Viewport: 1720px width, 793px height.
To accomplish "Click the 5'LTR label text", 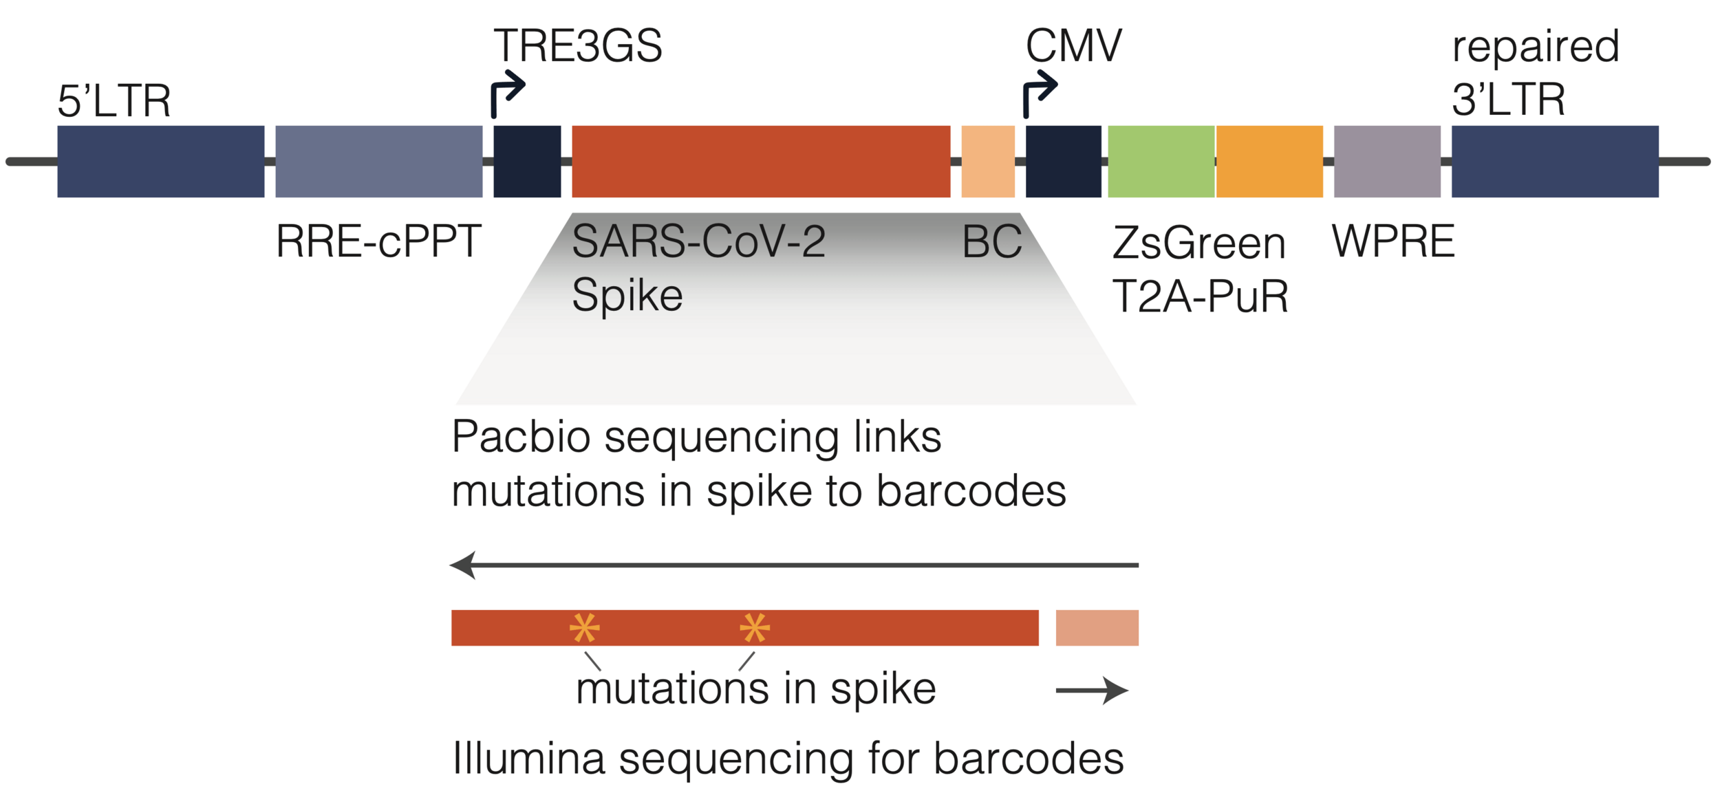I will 114,102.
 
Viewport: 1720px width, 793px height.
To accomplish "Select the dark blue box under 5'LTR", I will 160,162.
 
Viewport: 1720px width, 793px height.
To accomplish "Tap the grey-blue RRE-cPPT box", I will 378,162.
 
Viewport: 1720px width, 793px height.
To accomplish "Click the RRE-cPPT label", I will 378,242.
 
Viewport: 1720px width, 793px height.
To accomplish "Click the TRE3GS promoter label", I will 578,46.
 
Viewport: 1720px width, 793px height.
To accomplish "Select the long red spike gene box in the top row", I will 760,162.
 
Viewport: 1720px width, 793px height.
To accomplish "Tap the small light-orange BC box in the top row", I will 987,162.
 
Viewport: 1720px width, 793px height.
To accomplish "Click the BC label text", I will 991,242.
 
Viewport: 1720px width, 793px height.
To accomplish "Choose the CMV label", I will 1073,46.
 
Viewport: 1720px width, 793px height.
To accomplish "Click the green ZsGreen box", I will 1161,162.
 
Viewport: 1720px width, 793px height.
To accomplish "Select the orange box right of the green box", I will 1269,162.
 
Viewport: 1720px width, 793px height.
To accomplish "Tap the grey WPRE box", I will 1386,162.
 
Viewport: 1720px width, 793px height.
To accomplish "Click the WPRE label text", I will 1393,242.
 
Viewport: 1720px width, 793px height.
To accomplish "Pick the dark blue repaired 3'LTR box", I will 1555,162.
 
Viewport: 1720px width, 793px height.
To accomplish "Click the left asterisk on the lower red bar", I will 584,628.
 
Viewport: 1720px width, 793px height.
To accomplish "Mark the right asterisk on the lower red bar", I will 754,628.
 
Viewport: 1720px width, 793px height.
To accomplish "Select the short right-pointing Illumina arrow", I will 1091,691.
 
